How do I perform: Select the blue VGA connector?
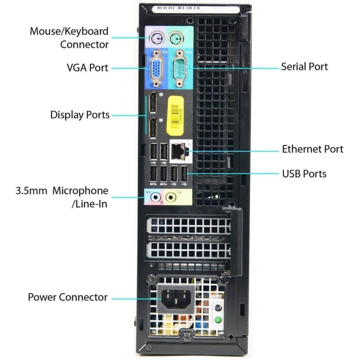click(x=156, y=69)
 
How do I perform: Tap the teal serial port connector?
click(x=179, y=68)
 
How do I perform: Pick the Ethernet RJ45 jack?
click(x=179, y=151)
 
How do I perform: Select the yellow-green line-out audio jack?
click(x=171, y=198)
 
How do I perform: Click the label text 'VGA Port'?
click(x=88, y=68)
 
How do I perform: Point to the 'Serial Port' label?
click(x=304, y=67)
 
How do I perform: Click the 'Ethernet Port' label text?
click(x=312, y=149)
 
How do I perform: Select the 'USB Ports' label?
click(x=304, y=173)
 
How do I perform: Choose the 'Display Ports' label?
click(x=80, y=115)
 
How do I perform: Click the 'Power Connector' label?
click(x=68, y=297)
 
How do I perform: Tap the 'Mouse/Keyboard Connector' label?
click(x=69, y=38)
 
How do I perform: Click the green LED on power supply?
click(x=218, y=319)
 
